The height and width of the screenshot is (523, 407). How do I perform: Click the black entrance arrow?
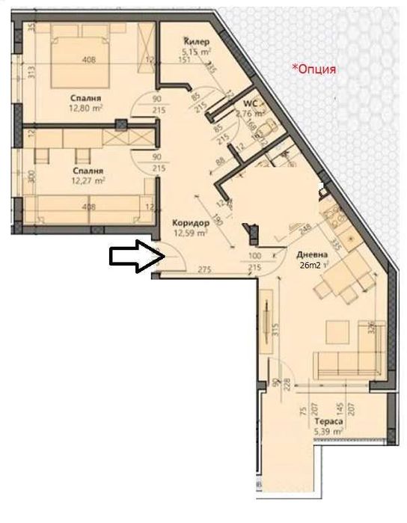tap(132, 257)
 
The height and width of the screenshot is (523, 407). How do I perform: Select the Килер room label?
tap(196, 42)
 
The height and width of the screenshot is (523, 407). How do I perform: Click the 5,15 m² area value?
tap(196, 52)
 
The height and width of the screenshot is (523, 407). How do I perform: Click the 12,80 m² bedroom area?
tap(86, 108)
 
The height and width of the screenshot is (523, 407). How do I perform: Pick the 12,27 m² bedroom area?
tap(87, 180)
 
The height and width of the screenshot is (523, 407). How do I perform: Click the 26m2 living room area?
tap(309, 264)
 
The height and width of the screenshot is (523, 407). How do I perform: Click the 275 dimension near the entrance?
tap(203, 269)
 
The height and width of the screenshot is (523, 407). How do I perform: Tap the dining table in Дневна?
tap(340, 285)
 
